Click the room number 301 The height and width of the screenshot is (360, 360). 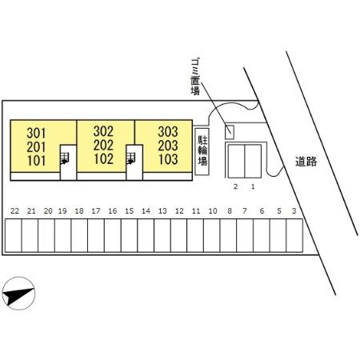click(x=36, y=133)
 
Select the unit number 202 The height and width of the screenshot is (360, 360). click(x=103, y=146)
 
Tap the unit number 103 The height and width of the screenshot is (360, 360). click(x=168, y=159)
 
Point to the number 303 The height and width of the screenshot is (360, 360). click(x=168, y=131)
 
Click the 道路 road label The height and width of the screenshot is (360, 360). click(x=306, y=162)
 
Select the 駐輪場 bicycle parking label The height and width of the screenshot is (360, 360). click(x=202, y=150)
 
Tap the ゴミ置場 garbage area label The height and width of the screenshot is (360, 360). click(x=195, y=77)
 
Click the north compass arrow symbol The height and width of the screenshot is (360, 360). click(x=18, y=293)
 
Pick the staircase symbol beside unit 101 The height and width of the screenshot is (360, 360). click(x=65, y=158)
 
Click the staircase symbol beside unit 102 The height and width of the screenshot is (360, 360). click(x=130, y=158)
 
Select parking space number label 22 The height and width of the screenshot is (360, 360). click(x=14, y=211)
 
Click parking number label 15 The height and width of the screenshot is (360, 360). click(x=129, y=211)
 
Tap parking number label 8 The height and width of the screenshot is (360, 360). click(x=230, y=211)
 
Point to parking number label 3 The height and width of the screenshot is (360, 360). click(x=294, y=211)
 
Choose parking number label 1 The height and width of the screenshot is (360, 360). click(x=253, y=186)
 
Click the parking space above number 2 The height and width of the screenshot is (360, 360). click(x=236, y=162)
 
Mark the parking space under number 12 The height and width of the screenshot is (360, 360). click(x=178, y=235)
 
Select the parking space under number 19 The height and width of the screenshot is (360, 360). click(x=63, y=235)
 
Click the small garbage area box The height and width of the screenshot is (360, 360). click(x=230, y=132)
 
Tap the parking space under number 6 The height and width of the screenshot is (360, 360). click(x=262, y=235)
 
